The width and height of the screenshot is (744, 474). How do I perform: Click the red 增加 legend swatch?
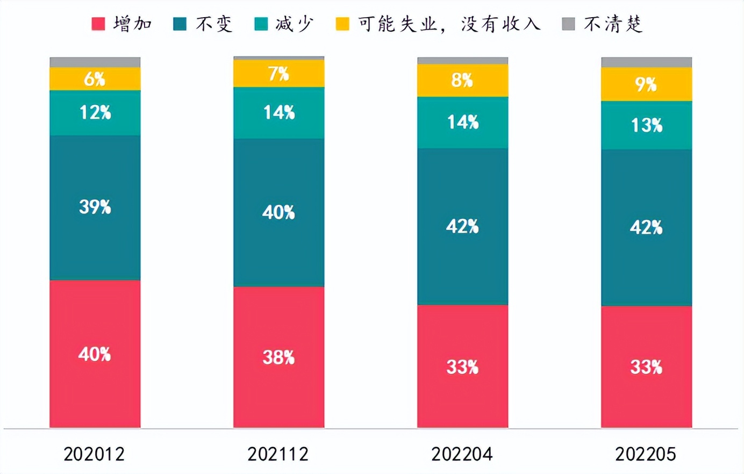pos(98,24)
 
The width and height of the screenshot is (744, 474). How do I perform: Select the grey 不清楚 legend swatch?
pos(568,24)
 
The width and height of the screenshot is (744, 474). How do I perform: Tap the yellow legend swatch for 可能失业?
pos(342,24)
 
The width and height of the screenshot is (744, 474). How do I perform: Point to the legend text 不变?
pos(213,24)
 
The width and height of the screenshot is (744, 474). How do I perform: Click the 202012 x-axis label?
pos(94,454)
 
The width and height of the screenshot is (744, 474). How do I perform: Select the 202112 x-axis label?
pos(278,454)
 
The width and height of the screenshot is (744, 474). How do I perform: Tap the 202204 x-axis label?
pos(462,454)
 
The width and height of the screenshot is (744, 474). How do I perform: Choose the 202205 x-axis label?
pos(646,454)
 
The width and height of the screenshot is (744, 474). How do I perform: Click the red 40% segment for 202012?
pos(95,354)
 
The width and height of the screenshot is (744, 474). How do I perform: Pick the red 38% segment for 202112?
pos(278,357)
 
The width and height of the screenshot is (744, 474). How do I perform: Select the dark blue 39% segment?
pos(95,207)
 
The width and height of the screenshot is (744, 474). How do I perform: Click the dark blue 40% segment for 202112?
pos(278,212)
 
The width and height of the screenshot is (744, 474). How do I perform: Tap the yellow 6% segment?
pos(95,79)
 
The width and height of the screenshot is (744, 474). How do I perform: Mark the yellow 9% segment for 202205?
pos(646,84)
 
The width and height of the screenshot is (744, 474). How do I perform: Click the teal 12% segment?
pos(95,113)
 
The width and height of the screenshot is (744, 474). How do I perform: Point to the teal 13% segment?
pos(646,125)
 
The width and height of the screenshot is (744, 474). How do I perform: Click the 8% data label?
pos(462,80)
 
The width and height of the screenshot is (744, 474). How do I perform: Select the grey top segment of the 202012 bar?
pos(95,62)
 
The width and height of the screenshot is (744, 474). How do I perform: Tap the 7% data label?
pos(278,74)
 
